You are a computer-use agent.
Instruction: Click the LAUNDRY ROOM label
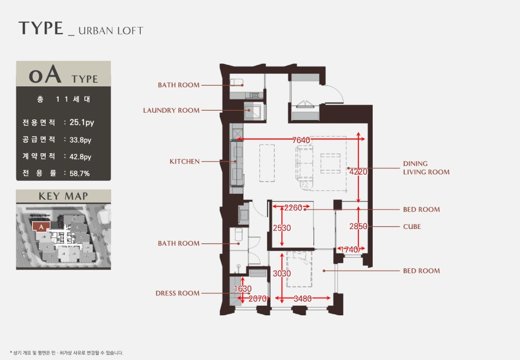click(x=171, y=110)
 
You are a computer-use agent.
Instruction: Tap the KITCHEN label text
click(x=184, y=161)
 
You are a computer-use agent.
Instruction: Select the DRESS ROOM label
click(x=177, y=293)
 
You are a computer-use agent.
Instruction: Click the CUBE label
click(x=412, y=227)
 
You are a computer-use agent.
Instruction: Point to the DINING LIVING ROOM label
click(x=426, y=168)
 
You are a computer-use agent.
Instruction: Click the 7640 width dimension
click(x=301, y=140)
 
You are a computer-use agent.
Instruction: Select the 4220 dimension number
click(x=359, y=172)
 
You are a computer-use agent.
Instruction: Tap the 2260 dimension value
click(x=293, y=208)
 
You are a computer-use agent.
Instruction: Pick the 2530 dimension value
click(x=282, y=228)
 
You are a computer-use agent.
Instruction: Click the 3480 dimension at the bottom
click(x=303, y=299)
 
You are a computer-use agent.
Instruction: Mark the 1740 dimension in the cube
click(x=349, y=250)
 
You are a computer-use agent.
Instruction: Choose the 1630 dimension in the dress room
click(x=243, y=289)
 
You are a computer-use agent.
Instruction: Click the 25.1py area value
click(x=82, y=123)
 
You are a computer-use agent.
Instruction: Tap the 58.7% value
click(x=80, y=173)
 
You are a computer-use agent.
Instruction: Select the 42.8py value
click(x=80, y=157)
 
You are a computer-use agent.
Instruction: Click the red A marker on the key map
click(x=41, y=227)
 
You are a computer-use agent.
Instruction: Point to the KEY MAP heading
click(x=63, y=196)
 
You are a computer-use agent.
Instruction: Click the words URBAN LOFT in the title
click(x=111, y=31)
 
